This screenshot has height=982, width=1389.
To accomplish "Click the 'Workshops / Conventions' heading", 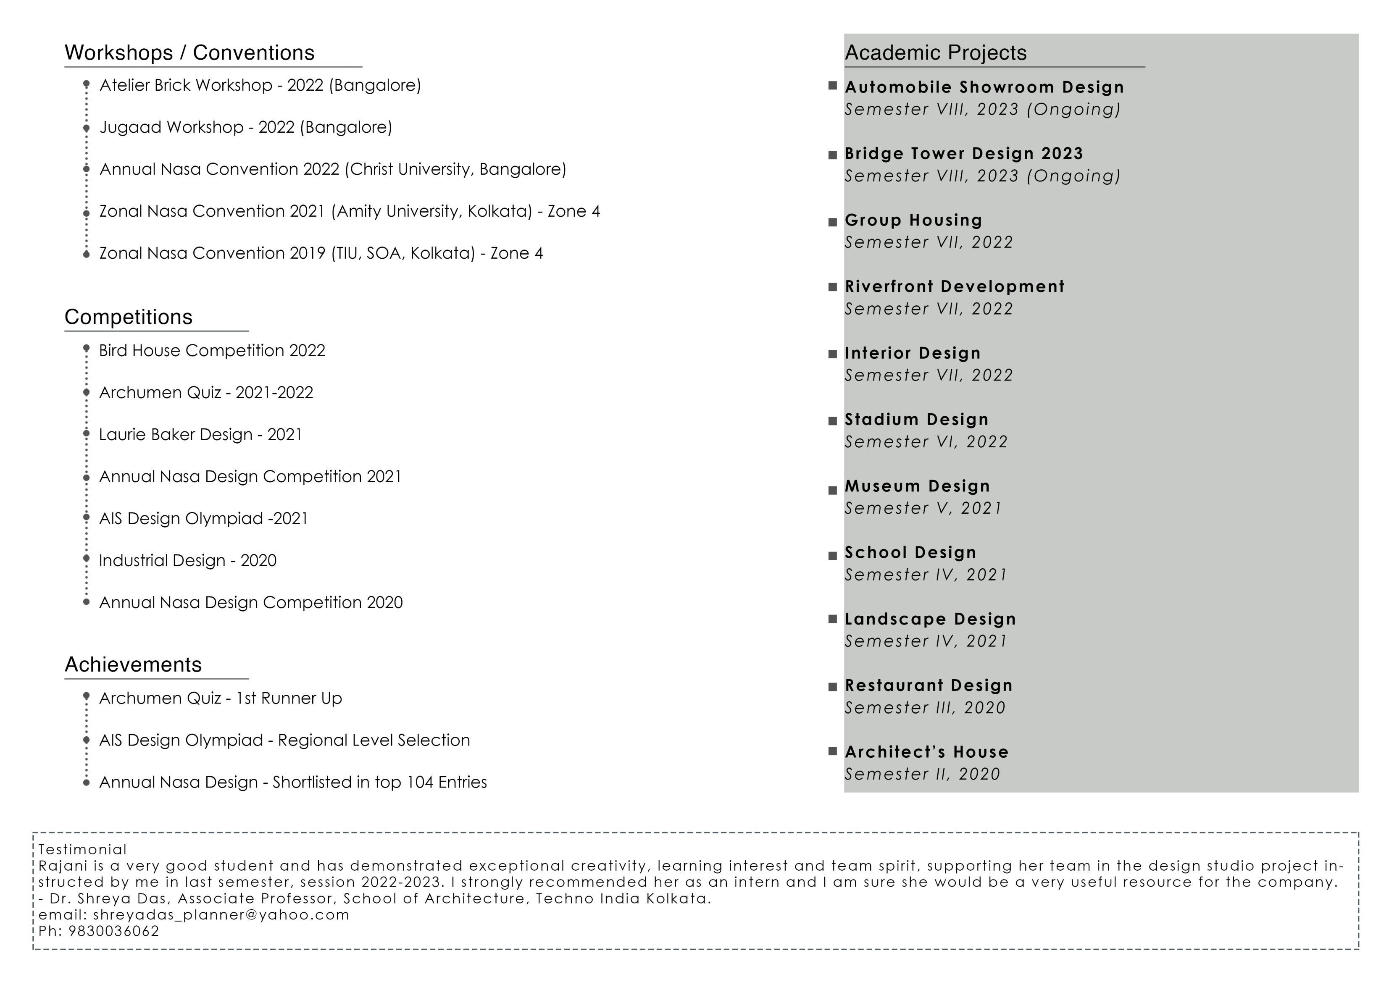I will coord(189,53).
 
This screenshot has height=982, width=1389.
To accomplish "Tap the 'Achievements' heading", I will coord(133,665).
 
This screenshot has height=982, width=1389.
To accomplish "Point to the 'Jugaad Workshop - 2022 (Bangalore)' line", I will coord(246,128).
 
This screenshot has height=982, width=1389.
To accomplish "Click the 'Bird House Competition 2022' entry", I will coord(212,351).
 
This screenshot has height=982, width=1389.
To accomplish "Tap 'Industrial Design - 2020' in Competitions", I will coord(187,561).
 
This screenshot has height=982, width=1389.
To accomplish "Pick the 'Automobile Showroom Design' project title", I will coord(984,88).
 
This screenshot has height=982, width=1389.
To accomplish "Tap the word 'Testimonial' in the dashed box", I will coord(82,850).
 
